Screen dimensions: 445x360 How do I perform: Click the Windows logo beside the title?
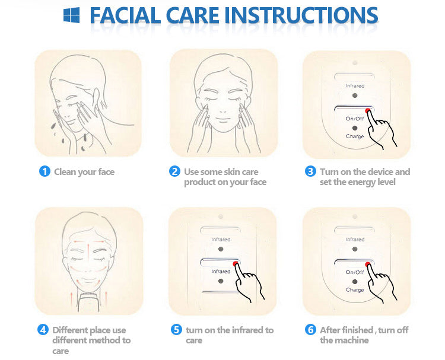click(x=72, y=15)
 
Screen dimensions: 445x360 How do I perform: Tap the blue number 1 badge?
click(x=44, y=171)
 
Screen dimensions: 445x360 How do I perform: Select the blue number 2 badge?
click(x=174, y=171)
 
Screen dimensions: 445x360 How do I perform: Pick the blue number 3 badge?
click(x=310, y=171)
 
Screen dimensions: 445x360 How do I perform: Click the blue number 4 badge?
click(x=43, y=330)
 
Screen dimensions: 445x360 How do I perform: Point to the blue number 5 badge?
click(x=176, y=330)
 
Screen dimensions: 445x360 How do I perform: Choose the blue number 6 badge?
click(x=310, y=330)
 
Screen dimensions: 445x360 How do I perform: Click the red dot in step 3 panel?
click(x=368, y=111)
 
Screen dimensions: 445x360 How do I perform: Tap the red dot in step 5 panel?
click(x=235, y=264)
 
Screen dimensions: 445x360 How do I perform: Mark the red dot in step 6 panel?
click(x=368, y=265)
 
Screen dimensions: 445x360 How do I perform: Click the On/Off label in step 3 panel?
click(x=355, y=118)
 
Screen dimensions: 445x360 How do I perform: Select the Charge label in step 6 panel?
click(x=355, y=290)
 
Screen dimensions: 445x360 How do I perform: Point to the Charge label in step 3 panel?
click(x=355, y=136)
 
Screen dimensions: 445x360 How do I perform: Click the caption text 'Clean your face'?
click(x=84, y=172)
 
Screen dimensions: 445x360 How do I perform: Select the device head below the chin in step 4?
click(x=89, y=302)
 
